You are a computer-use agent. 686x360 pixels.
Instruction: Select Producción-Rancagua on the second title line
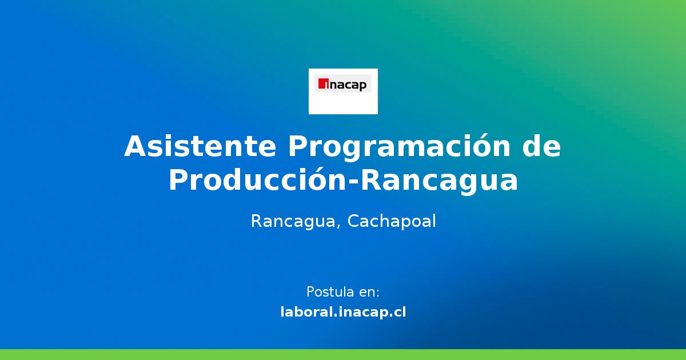pos(343,181)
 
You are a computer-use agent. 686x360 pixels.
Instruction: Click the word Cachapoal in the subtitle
pos(391,221)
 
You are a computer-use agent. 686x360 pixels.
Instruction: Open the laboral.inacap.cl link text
pos(343,312)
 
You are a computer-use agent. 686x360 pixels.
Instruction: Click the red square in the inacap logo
pos(322,84)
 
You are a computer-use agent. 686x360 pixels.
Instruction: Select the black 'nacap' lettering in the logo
pos(347,85)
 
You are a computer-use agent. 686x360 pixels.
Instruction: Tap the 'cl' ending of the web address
pos(399,312)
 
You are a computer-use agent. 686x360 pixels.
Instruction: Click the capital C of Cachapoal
pos(353,221)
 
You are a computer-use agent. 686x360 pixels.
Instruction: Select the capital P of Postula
pos(310,292)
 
